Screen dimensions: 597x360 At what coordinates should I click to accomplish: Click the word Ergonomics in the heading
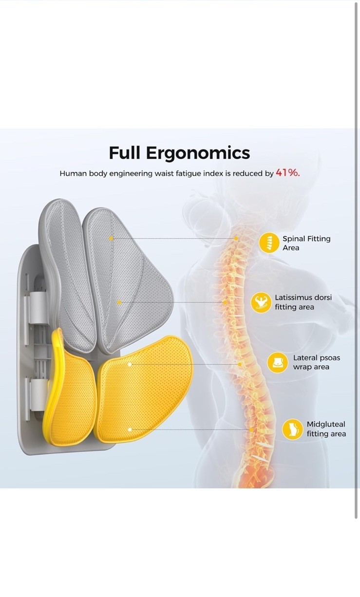(198, 153)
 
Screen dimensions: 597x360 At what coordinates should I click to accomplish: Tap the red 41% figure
(287, 172)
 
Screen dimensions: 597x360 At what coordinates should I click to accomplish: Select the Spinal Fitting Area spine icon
(269, 243)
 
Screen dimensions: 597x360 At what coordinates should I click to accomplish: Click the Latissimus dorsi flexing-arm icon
(261, 302)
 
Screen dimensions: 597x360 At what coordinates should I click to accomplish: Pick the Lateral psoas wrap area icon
(277, 362)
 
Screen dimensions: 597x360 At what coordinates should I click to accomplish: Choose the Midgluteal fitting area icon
(292, 429)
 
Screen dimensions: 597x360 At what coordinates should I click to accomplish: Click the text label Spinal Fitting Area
(306, 243)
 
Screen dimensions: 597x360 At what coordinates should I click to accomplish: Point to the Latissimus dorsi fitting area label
(303, 302)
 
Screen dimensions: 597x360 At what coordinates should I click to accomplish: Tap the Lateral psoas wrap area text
(316, 362)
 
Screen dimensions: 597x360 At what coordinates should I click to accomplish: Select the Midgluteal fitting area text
(326, 429)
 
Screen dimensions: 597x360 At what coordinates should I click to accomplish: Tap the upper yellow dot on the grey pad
(111, 239)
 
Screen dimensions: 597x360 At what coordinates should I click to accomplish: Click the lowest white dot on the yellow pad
(130, 429)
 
